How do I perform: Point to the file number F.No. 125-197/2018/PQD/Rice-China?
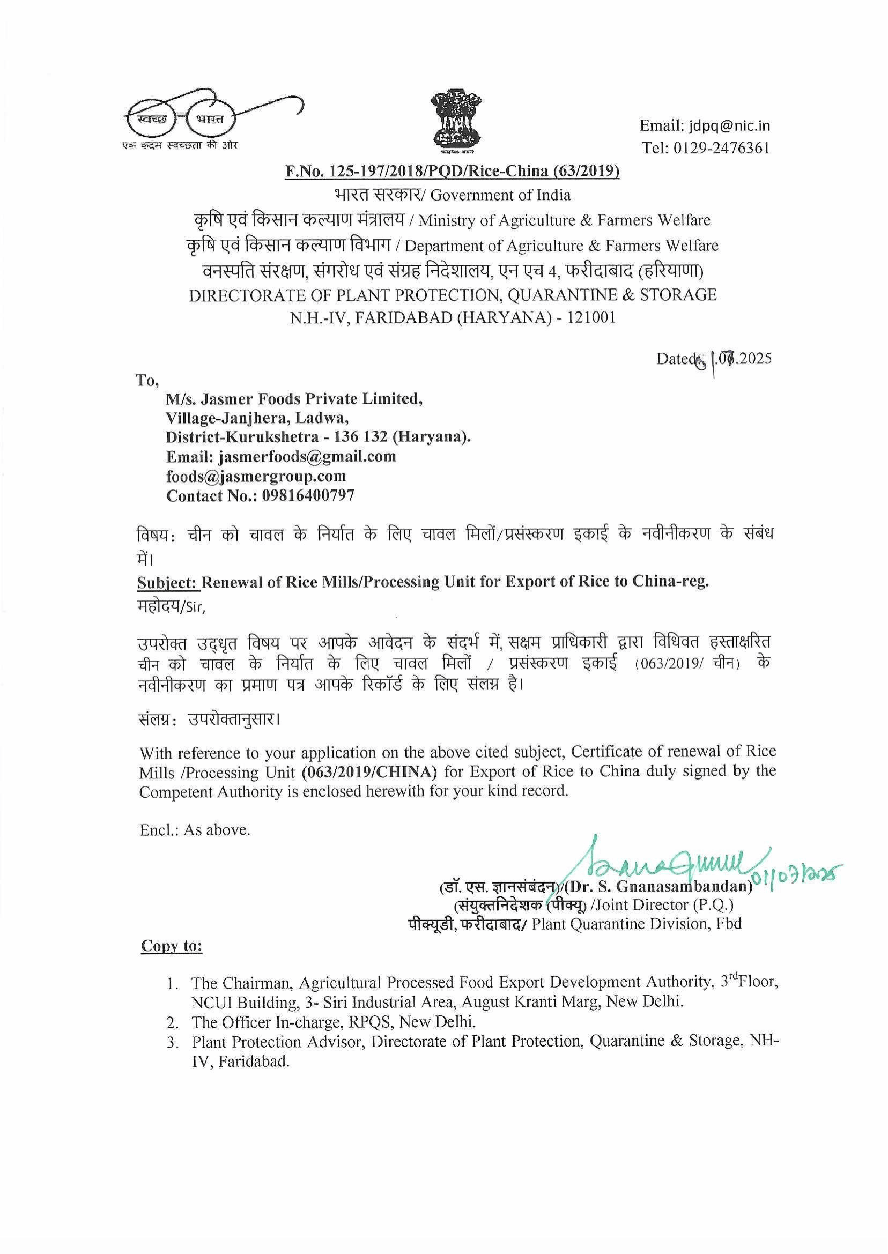452,172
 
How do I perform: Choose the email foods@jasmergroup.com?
256,476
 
